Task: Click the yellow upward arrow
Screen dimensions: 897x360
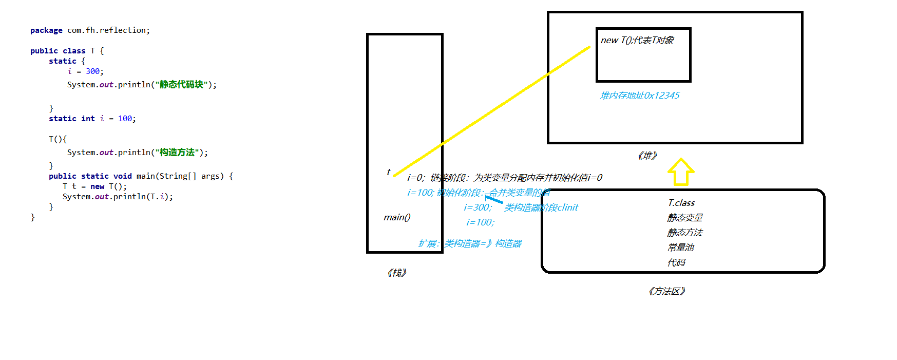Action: click(x=681, y=172)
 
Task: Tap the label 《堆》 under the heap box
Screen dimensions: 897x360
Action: click(x=647, y=156)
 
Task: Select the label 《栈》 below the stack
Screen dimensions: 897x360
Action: click(x=397, y=273)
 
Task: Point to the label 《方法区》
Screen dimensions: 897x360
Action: click(x=667, y=291)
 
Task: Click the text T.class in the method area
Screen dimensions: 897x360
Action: click(x=681, y=203)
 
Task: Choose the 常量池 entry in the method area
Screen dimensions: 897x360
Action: click(x=681, y=248)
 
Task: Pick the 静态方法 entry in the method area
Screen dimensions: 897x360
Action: click(x=685, y=233)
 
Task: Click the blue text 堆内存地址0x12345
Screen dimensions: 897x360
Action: click(x=640, y=96)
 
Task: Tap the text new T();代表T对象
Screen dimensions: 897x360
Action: click(x=637, y=40)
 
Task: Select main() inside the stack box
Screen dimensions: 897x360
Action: click(x=397, y=217)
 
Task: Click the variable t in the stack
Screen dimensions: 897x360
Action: click(x=388, y=172)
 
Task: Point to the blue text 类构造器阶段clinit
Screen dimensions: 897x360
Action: click(x=541, y=207)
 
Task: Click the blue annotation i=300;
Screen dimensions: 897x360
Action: click(x=478, y=207)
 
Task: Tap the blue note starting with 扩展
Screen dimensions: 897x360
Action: click(x=470, y=243)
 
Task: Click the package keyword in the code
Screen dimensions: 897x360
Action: click(x=46, y=30)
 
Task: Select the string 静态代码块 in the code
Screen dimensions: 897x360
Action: click(x=181, y=85)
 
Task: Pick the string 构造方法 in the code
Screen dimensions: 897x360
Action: click(x=177, y=153)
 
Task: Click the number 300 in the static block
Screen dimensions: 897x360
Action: click(x=93, y=71)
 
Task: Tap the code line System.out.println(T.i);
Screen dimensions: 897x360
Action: click(x=118, y=197)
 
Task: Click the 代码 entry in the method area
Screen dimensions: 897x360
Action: click(x=676, y=262)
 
